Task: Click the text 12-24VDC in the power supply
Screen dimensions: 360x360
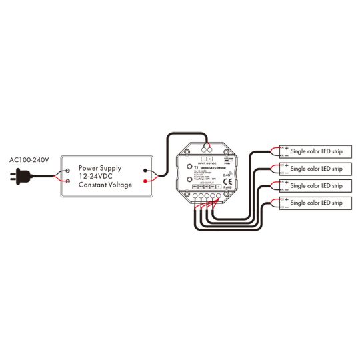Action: (99, 176)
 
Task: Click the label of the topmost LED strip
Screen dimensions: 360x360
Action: (316, 151)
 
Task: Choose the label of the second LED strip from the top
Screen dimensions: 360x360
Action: (316, 169)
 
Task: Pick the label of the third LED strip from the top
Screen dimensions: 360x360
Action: (316, 185)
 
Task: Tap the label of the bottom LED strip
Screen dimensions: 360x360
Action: (316, 202)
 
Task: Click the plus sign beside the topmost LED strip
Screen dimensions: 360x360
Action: (286, 148)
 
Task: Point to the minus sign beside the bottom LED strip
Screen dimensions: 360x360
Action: (286, 205)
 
